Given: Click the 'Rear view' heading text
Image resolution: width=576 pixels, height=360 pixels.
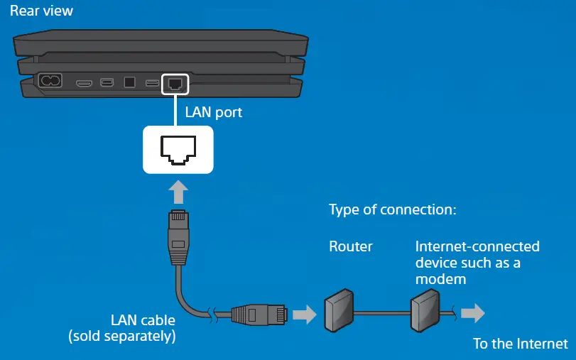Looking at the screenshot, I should coord(41,11).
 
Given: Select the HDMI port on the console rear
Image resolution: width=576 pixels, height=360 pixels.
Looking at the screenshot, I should coord(85,83).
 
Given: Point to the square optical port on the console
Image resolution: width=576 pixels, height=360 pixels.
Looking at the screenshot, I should coord(129,82).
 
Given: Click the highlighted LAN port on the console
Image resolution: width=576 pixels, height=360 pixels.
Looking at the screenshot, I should coord(175,83).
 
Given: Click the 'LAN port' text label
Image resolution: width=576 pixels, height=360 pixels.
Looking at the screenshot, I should coord(214,112).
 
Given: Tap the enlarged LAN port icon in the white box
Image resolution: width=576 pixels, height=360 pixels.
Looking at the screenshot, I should coord(178,149).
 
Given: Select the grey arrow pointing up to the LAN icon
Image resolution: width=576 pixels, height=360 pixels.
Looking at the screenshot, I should coord(178,192).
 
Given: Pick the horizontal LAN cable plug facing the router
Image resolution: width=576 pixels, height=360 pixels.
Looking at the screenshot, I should coord(260,313).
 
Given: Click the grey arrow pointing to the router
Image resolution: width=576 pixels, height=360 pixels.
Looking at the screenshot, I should coord(304,314).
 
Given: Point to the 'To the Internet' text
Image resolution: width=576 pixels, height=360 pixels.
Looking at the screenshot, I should coord(521,344).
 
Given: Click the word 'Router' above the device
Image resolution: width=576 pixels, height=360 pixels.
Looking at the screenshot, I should coord(350,247).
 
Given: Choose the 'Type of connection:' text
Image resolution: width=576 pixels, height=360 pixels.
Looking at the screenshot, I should coord(391,211).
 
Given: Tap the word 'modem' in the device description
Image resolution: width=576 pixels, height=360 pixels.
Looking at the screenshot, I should coord(440,279).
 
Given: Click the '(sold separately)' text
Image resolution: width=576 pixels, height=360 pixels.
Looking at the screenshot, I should coord(121,336).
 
